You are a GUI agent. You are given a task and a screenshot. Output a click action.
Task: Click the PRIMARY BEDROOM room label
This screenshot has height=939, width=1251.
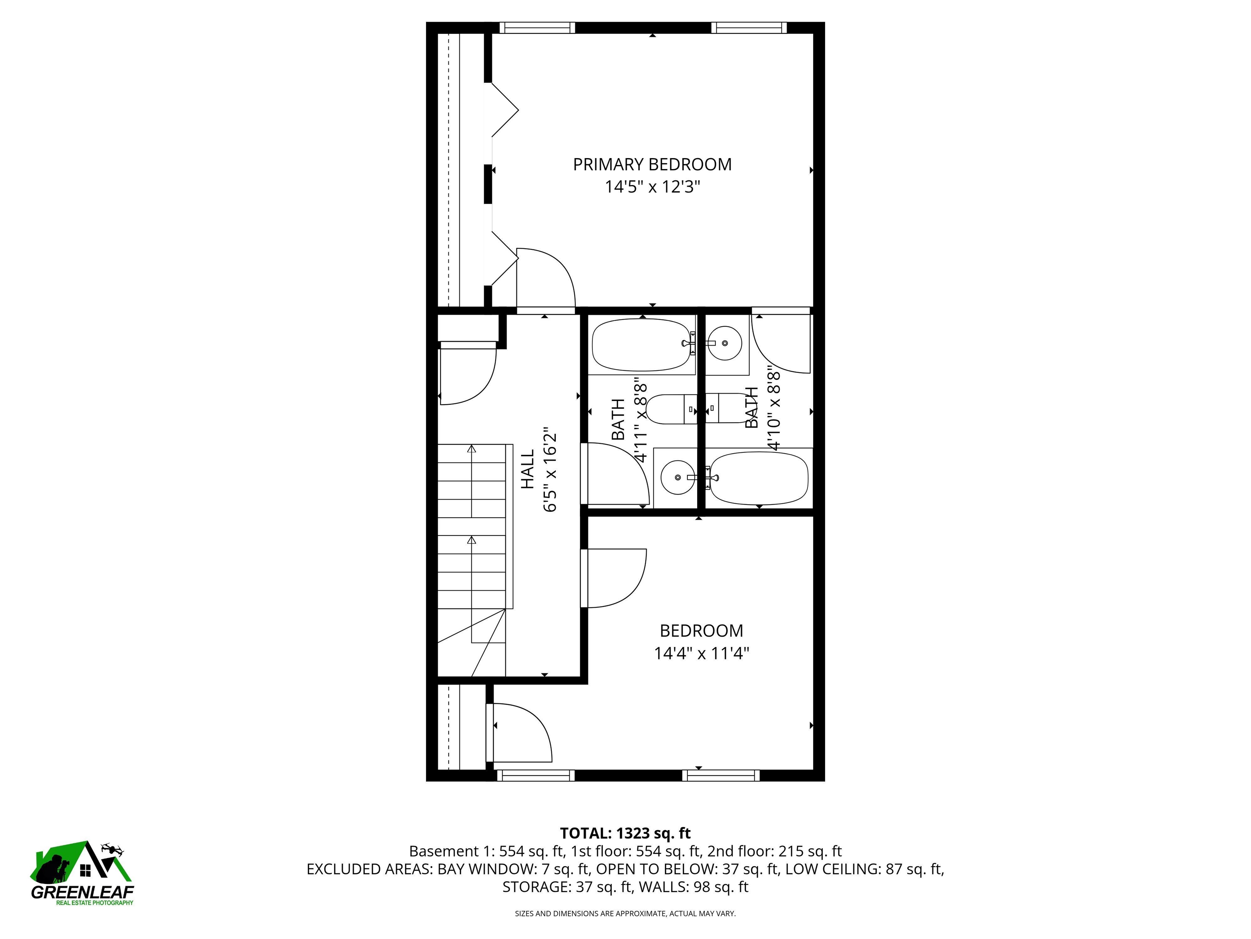(x=652, y=165)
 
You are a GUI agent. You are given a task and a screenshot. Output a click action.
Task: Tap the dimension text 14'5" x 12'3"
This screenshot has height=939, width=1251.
(x=652, y=187)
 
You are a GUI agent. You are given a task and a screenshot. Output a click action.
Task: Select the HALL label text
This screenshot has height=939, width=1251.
(x=527, y=469)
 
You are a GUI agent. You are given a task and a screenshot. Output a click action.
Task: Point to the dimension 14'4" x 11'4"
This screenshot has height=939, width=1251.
(x=701, y=654)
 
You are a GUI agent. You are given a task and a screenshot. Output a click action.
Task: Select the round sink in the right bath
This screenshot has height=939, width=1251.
(x=725, y=343)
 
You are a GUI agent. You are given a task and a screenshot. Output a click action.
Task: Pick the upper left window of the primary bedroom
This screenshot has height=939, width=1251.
(x=537, y=28)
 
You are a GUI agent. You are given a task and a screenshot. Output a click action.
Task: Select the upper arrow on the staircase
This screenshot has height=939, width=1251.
(x=472, y=450)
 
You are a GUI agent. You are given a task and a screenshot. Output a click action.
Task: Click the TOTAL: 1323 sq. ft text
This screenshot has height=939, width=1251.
(x=625, y=833)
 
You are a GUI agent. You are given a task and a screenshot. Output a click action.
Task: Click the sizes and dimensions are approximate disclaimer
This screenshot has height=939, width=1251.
(x=625, y=914)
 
